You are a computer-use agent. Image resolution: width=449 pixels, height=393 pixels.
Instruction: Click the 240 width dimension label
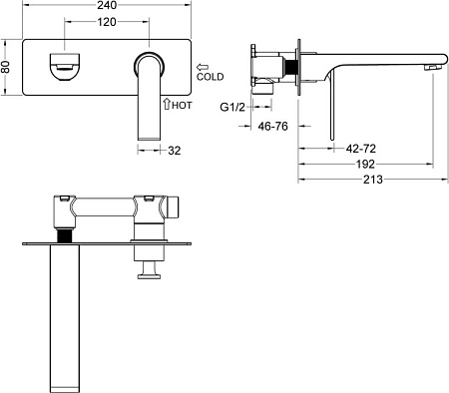coord(107,5)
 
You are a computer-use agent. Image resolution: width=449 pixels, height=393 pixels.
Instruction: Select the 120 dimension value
coord(107,22)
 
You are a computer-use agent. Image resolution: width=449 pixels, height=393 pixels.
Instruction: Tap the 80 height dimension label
coord(6,67)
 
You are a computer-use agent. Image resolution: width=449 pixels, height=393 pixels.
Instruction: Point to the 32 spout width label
coord(175,151)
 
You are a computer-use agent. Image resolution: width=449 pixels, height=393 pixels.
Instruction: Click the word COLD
coord(210,77)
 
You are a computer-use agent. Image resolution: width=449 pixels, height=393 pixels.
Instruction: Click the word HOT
coord(182,106)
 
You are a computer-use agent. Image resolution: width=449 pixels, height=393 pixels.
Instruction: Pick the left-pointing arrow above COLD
coord(203,67)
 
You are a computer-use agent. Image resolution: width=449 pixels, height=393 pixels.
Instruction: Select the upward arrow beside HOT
coord(167,104)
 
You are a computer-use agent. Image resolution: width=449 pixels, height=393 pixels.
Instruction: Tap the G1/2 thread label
coord(232,107)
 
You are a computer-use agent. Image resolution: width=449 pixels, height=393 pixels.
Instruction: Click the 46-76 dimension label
coord(272,127)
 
